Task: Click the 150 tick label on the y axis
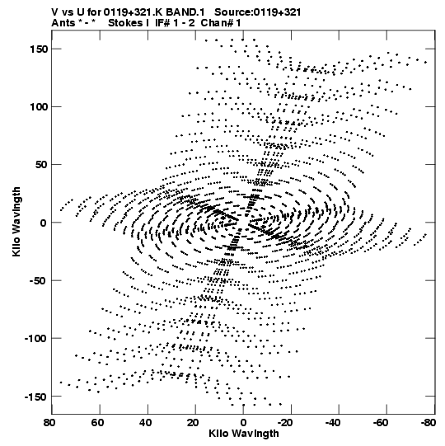click(x=39, y=49)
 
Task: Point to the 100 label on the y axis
click(x=39, y=107)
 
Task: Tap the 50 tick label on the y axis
click(x=41, y=165)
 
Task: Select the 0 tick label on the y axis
click(x=43, y=223)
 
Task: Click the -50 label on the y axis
click(x=39, y=281)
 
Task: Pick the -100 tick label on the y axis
click(x=36, y=339)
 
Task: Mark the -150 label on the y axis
click(x=36, y=397)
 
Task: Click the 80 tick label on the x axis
click(x=49, y=423)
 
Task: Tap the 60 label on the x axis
click(x=97, y=423)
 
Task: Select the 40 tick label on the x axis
click(x=145, y=423)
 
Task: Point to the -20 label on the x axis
click(x=284, y=423)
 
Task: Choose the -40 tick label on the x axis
click(x=333, y=423)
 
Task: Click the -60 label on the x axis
click(x=381, y=423)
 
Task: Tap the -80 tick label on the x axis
click(x=428, y=423)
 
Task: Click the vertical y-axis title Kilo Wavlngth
click(x=16, y=222)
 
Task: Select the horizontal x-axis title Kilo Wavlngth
click(x=244, y=434)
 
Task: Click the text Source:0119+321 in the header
click(x=257, y=12)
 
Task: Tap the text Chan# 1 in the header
click(x=221, y=23)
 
